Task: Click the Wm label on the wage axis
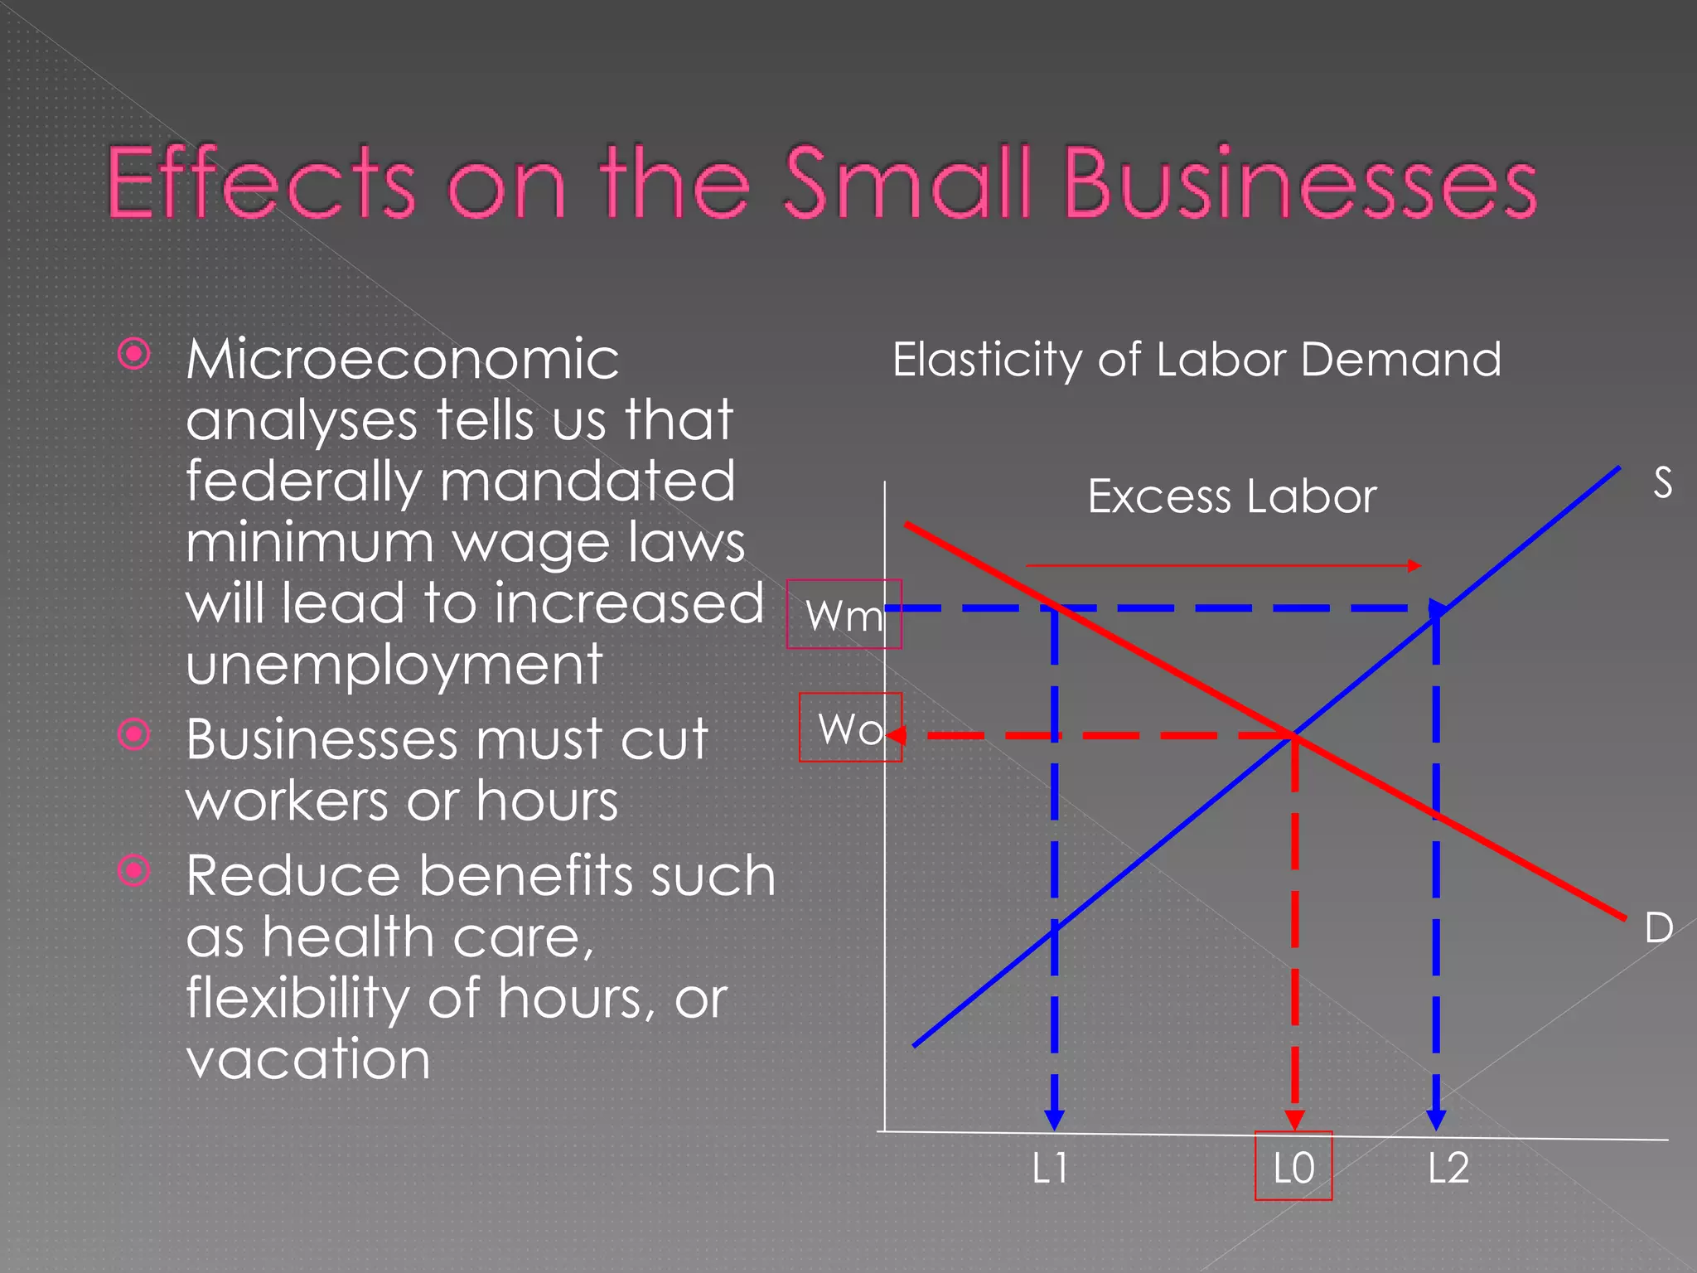[844, 616]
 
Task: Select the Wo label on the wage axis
[850, 729]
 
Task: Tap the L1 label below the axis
[1050, 1169]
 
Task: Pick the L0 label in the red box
[1293, 1169]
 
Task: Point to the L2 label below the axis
[1448, 1169]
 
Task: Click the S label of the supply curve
[1662, 482]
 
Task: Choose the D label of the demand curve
[1659, 927]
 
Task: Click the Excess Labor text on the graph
[1231, 496]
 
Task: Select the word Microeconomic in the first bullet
[403, 360]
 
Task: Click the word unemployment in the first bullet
[394, 665]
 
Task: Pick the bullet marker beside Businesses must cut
[134, 734]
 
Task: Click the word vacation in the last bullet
[308, 1059]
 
